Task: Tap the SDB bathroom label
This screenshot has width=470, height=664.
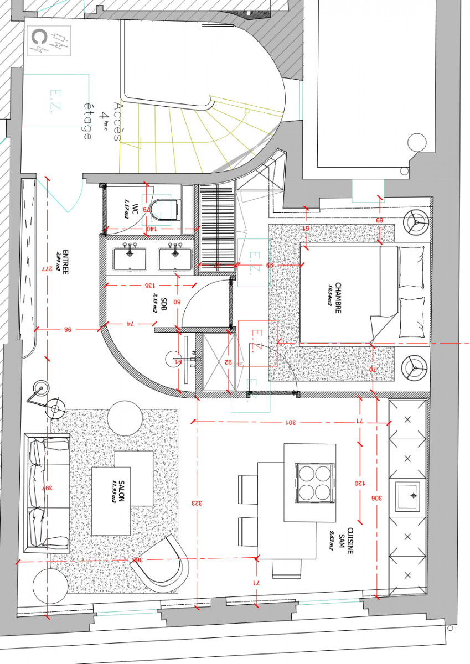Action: [x=152, y=304]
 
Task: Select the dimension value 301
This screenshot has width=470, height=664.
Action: [x=291, y=422]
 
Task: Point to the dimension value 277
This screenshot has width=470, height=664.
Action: [x=48, y=268]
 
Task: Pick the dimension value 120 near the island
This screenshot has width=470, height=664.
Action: [x=360, y=483]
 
